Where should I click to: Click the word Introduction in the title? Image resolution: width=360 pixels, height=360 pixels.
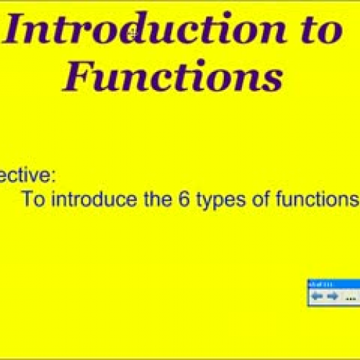pyautogui.click(x=137, y=32)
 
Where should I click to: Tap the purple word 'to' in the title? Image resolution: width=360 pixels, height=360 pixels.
pyautogui.click(x=315, y=32)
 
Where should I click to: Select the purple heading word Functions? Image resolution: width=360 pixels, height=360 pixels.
pyautogui.click(x=171, y=77)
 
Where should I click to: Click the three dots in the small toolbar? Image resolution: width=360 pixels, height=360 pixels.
pyautogui.click(x=351, y=297)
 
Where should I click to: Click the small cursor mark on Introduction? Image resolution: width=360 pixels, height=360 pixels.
pyautogui.click(x=131, y=32)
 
